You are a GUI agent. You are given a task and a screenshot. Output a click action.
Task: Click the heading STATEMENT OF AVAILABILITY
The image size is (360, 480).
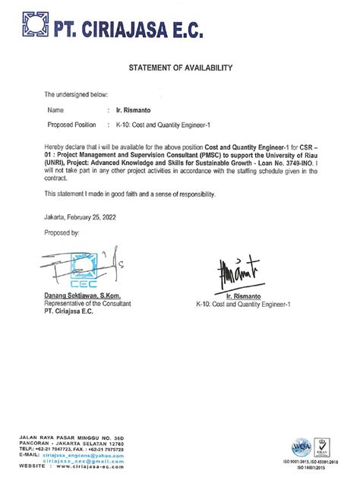click(x=179, y=68)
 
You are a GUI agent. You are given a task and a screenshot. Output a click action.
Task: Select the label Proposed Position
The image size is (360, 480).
click(x=72, y=124)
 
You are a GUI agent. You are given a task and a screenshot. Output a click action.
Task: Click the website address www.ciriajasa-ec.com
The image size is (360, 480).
click(x=88, y=465)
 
